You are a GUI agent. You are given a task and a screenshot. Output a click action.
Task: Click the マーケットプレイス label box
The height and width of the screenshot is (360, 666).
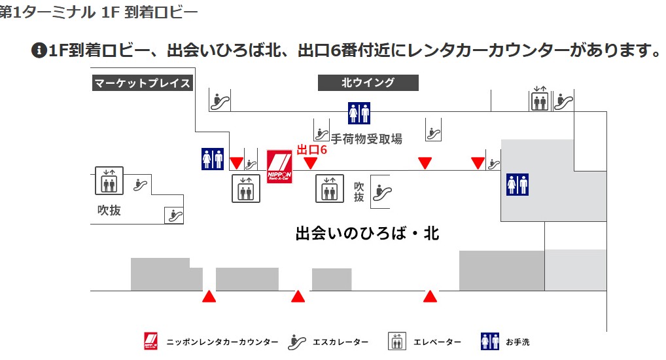click(143, 83)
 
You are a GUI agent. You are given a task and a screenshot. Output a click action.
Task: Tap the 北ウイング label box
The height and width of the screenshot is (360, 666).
click(368, 83)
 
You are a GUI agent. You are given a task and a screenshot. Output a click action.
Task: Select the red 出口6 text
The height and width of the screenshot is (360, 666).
click(311, 150)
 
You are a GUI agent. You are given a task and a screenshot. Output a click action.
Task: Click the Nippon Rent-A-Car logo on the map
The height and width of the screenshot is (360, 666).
click(279, 166)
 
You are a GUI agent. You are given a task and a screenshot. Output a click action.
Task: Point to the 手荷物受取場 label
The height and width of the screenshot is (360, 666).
click(366, 138)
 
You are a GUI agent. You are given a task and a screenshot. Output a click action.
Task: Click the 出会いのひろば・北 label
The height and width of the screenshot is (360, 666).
click(367, 234)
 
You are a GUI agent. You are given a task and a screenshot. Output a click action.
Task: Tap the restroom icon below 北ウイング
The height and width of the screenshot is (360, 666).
click(359, 113)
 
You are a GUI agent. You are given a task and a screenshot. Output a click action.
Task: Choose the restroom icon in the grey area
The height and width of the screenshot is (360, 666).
click(517, 185)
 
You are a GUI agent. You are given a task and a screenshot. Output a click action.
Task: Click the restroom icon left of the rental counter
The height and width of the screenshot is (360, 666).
click(213, 159)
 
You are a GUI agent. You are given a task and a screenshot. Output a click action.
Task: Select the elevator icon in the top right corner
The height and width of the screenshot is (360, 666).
click(540, 100)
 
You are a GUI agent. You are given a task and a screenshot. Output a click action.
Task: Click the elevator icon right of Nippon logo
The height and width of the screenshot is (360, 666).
click(330, 189)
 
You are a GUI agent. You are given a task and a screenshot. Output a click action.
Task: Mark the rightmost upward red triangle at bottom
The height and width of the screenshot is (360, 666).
click(430, 297)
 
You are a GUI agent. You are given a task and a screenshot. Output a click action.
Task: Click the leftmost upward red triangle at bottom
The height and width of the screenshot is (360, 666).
click(209, 297)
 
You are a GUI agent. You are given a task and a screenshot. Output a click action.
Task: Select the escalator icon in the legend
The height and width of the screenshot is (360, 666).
click(297, 342)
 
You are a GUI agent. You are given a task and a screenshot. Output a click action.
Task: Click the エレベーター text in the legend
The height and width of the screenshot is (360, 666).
click(437, 342)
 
